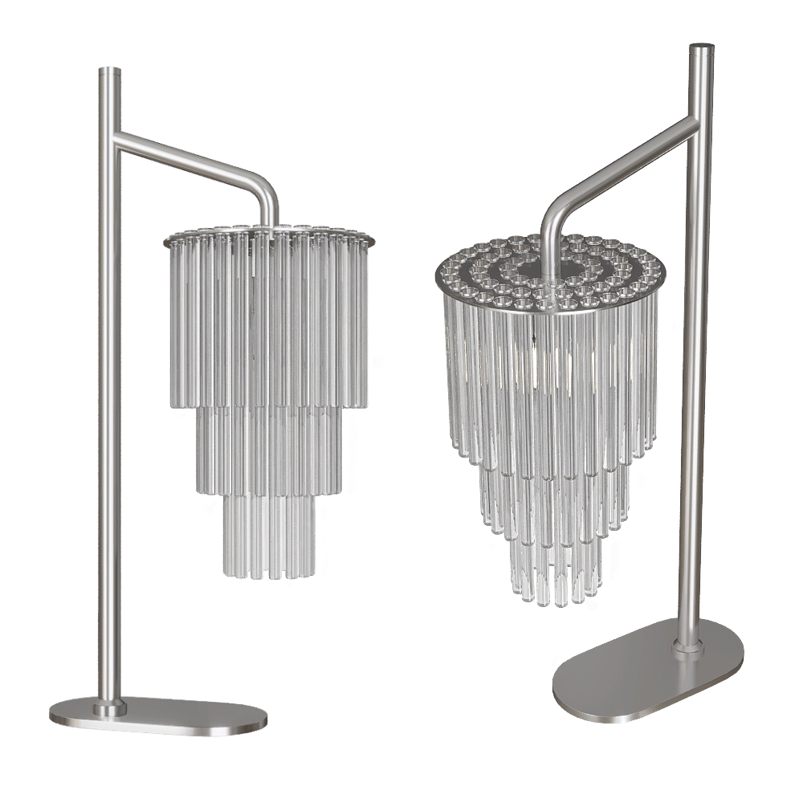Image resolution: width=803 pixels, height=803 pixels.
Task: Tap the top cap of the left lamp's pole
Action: [109, 70]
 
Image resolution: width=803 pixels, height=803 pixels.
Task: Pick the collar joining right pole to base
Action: [687, 646]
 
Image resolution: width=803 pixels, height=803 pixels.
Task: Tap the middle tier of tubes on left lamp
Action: [265, 450]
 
